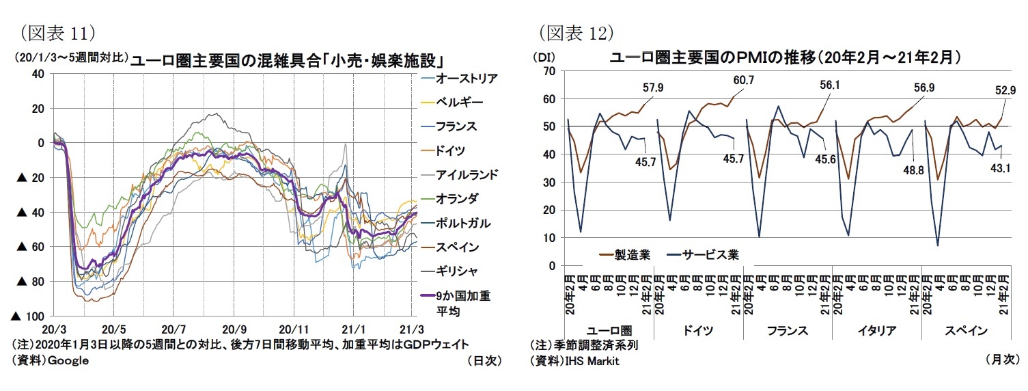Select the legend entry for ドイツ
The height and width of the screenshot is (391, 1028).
point(452,150)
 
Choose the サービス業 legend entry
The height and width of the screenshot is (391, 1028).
point(714,254)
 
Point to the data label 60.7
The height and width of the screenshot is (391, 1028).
point(743,81)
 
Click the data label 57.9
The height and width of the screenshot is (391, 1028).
point(654,87)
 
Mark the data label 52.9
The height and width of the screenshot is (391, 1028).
point(1004,90)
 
